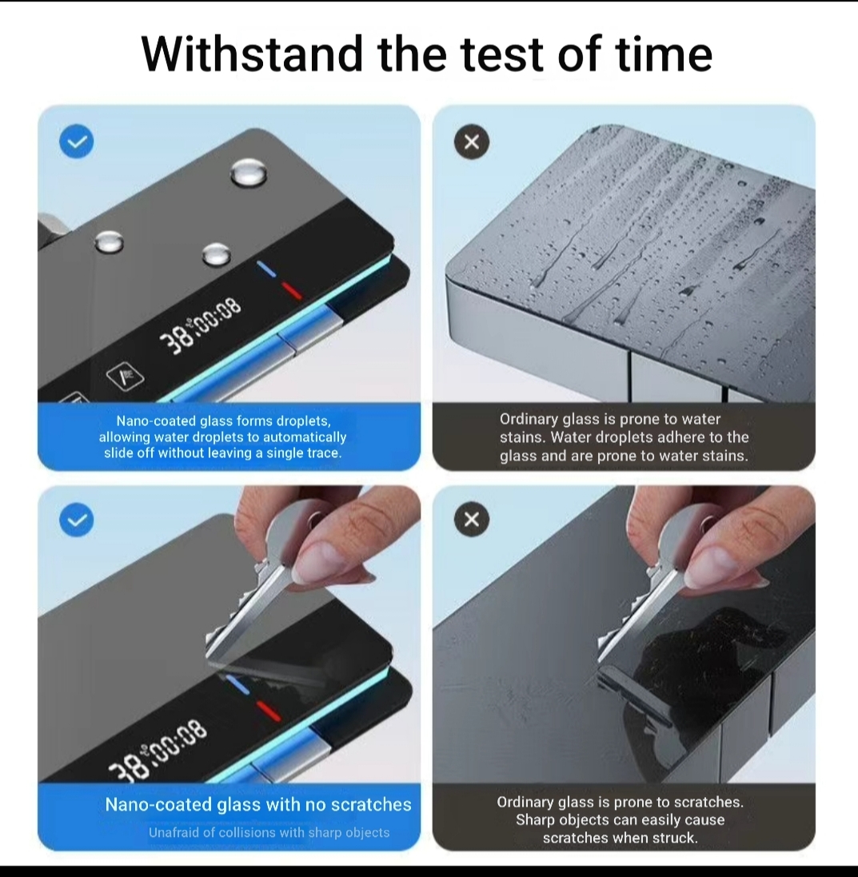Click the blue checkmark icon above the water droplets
click(x=77, y=141)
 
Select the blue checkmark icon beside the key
click(x=77, y=520)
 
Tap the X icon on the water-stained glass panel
click(x=472, y=142)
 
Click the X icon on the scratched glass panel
click(x=472, y=520)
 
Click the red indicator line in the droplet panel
click(x=291, y=290)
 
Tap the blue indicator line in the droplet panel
click(x=267, y=269)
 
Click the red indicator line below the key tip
click(x=268, y=711)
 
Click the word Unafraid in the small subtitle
click(x=173, y=832)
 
